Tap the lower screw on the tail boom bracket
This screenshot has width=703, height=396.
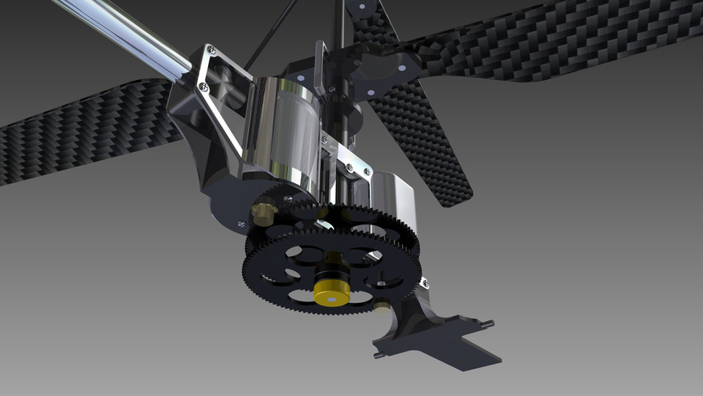coord(204,89)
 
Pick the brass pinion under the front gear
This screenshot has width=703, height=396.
coord(382,307)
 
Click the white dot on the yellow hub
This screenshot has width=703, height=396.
coord(331,299)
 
